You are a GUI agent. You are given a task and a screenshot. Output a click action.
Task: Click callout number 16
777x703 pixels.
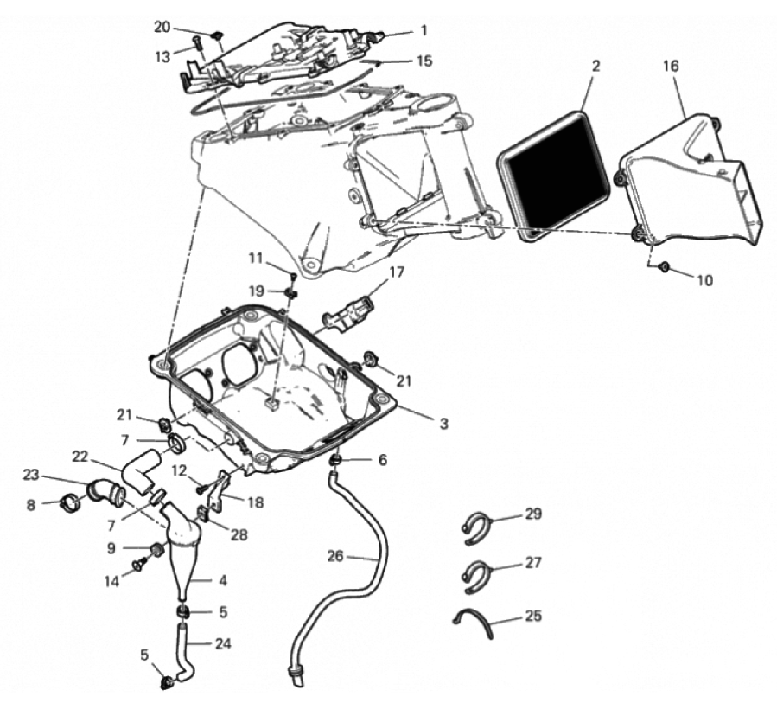click(x=671, y=66)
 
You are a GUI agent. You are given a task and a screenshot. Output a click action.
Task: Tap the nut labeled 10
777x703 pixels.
click(x=664, y=268)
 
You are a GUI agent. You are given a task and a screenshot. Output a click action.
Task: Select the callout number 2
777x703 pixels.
click(x=595, y=66)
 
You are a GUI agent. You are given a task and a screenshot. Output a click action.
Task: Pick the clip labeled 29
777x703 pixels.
click(x=477, y=528)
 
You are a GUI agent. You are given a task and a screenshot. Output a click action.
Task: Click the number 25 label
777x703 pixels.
click(x=533, y=616)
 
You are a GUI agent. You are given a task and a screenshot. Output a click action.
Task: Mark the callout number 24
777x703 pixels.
click(x=223, y=643)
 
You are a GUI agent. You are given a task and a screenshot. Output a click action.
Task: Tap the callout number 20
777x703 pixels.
click(x=162, y=28)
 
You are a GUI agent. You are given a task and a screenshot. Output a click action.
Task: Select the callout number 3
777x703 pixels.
click(x=444, y=423)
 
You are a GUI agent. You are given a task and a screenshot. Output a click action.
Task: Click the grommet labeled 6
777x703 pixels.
click(x=336, y=461)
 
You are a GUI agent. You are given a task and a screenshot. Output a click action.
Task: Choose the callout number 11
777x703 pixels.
click(x=255, y=258)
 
